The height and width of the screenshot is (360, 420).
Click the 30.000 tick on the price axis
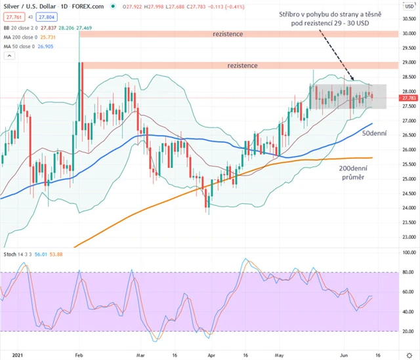[x=409, y=33]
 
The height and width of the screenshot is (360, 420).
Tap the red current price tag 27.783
[x=409, y=98]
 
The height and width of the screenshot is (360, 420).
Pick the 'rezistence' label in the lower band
[x=243, y=66]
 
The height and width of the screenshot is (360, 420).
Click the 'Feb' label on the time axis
[x=79, y=354]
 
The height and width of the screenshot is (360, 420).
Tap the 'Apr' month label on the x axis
[x=209, y=354]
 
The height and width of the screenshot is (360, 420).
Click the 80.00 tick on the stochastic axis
[x=408, y=271]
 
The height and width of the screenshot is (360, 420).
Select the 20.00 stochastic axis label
[x=408, y=331]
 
